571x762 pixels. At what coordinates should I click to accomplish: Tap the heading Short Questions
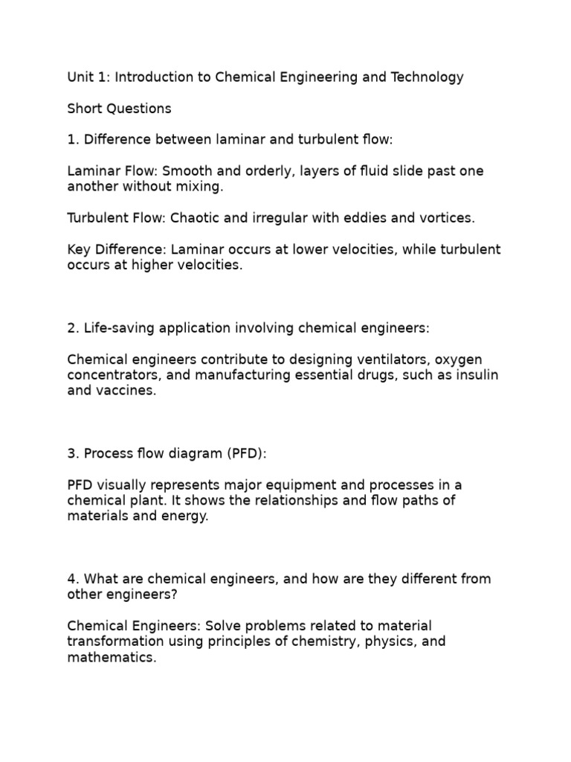119,109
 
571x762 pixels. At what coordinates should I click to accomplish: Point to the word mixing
199,187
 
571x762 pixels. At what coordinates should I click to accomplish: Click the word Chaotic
196,218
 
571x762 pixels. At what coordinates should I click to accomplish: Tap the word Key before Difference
80,249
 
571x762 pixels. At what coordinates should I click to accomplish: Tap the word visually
123,484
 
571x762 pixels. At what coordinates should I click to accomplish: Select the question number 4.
71,578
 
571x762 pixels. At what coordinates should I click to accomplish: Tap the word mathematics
112,657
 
